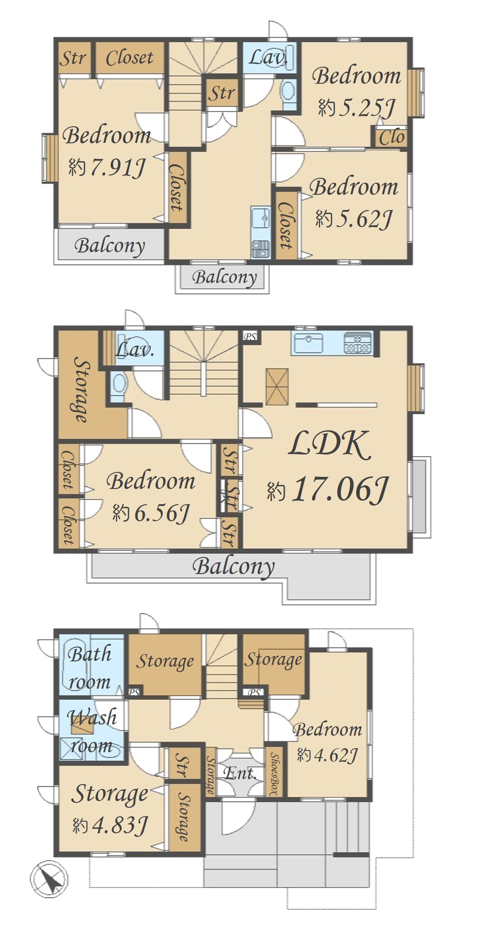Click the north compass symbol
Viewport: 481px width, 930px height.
(x=50, y=879)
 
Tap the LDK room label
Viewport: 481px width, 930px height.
(x=330, y=445)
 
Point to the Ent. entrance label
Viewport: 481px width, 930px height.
(x=240, y=773)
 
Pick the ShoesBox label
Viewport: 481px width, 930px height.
(x=275, y=774)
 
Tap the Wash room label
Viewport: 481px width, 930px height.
(x=92, y=732)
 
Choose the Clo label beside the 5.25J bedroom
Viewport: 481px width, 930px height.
(x=391, y=137)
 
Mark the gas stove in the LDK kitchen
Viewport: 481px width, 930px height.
(x=358, y=343)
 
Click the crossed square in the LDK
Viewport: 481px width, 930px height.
(x=277, y=387)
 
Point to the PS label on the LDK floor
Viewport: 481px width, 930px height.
(x=250, y=337)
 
